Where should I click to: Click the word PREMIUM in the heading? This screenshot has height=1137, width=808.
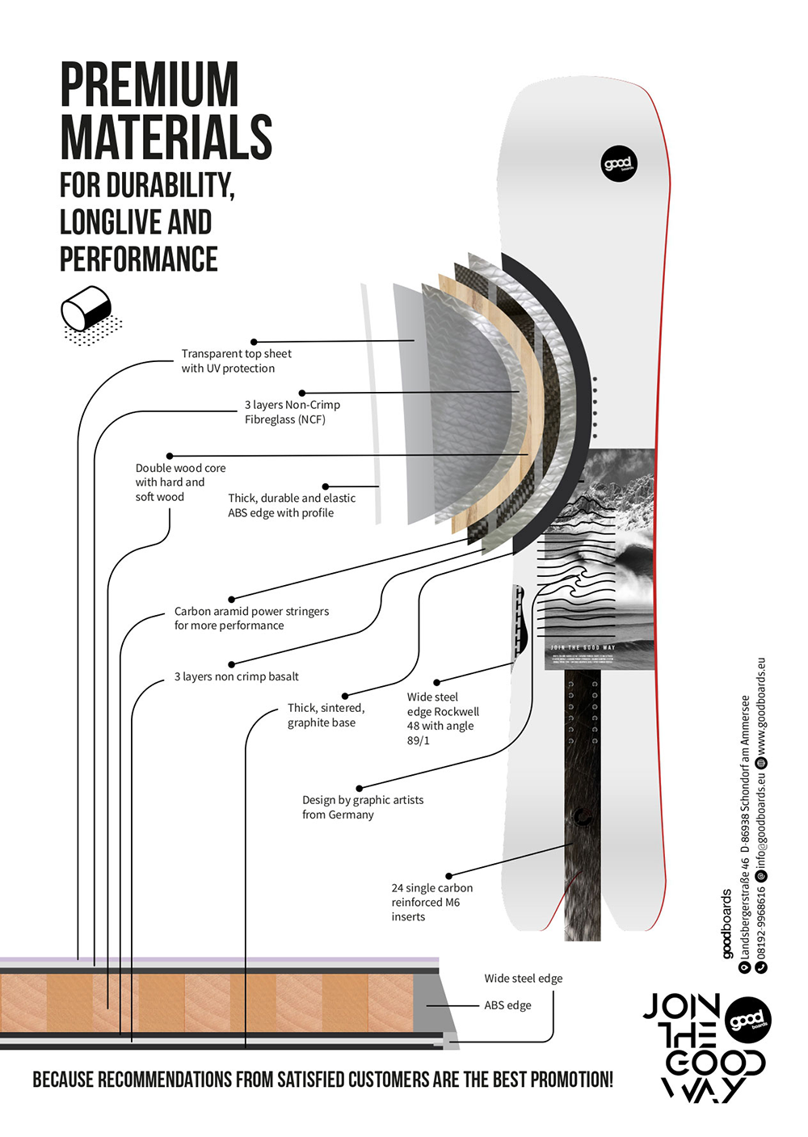149,85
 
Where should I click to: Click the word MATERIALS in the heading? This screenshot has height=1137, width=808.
166,137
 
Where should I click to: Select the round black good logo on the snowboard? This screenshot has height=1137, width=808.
619,164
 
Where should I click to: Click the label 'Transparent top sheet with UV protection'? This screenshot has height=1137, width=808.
236,361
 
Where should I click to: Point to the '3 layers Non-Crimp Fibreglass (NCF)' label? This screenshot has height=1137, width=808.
292,412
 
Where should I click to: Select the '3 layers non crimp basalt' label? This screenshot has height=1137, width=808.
236,677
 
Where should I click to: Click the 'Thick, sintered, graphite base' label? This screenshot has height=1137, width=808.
326,715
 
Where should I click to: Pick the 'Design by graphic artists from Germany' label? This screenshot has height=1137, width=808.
363,807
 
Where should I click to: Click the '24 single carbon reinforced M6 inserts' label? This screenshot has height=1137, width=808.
431,902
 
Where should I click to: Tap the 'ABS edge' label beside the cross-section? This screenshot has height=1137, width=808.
507,1005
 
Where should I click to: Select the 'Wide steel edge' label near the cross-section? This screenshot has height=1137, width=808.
523,979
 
